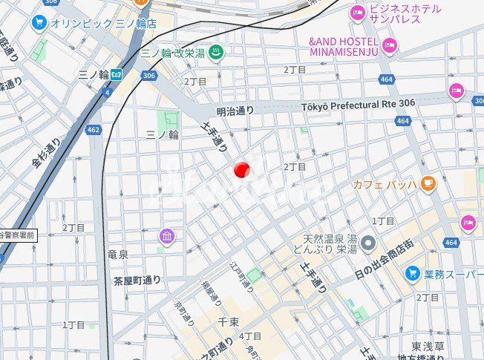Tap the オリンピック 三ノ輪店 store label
[104, 23]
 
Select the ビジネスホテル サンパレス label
[405, 15]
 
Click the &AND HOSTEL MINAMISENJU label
[344, 46]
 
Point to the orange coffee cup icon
[428, 183]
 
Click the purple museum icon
[167, 237]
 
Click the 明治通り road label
[235, 111]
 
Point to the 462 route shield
[93, 130]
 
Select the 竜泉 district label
[117, 255]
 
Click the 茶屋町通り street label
[137, 281]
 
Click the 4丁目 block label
[250, 336]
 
